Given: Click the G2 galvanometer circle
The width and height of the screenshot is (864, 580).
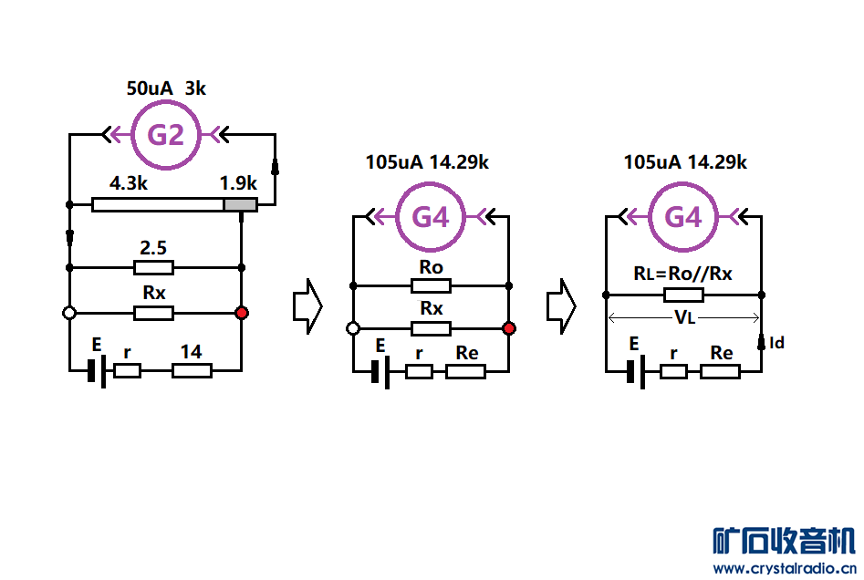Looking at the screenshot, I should [166, 136].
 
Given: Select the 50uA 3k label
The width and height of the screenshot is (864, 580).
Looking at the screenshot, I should [166, 88].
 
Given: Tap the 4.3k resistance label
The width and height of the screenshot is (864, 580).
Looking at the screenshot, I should [130, 183].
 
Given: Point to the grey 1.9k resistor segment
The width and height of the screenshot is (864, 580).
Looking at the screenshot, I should [240, 204].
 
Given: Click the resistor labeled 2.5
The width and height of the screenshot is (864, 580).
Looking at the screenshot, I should [153, 267].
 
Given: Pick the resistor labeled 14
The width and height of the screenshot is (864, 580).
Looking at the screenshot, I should [192, 370].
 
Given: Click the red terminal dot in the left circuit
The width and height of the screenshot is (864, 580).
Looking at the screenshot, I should [241, 313].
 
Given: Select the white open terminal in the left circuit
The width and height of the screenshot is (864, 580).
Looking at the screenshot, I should [69, 313].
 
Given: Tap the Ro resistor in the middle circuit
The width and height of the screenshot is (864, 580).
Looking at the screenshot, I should [431, 285].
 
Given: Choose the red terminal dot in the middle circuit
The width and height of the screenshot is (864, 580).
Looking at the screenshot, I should [509, 328].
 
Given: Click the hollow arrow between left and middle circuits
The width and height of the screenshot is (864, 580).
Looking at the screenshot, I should [307, 308].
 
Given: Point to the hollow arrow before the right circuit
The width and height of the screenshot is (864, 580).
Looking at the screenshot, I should [561, 308].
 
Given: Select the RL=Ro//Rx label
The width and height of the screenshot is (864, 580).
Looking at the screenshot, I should [682, 274].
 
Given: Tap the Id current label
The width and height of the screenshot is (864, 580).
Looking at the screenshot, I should [777, 343].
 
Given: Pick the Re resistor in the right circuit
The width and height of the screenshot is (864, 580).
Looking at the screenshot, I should [721, 371].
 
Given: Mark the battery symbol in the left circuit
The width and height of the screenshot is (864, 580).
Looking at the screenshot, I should [96, 370].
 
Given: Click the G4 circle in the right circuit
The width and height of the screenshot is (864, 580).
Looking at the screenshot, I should [683, 217].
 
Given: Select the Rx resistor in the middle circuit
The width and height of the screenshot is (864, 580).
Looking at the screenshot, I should [431, 328].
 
